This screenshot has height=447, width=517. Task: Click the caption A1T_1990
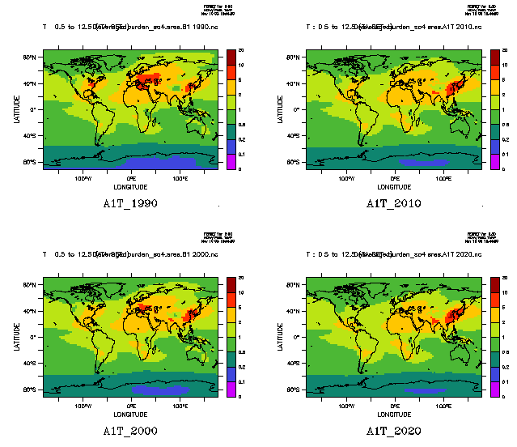(x=130, y=203)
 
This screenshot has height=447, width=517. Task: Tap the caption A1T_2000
(x=130, y=430)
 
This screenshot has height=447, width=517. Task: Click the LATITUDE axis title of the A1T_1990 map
(x=17, y=109)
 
